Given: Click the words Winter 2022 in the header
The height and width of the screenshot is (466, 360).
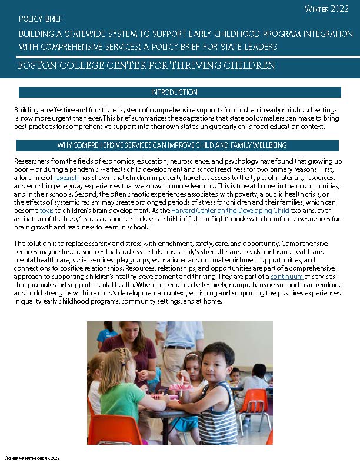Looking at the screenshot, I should click(326, 9).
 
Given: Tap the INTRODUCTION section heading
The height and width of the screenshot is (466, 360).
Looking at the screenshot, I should click(174, 92).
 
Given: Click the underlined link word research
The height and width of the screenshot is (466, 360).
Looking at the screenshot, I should click(65, 178).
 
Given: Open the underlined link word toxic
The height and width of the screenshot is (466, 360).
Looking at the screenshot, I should click(46, 210).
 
